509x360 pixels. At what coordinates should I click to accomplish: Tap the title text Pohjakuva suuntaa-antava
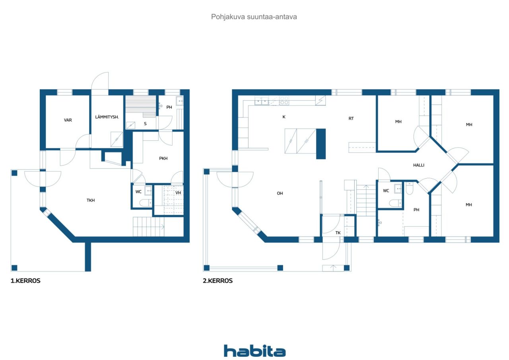pos(254,17)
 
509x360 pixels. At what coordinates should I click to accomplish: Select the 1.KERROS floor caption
pos(25,281)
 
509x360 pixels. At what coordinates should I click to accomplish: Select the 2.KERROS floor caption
pos(218,281)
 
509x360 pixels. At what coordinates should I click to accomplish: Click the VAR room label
pos(68,120)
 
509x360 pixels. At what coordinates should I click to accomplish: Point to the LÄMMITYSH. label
pos(107,117)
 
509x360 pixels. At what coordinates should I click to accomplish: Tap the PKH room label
pos(163,158)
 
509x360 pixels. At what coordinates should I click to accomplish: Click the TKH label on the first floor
pos(90,200)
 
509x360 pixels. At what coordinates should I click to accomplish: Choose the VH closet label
pos(178,193)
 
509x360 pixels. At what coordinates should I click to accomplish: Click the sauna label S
pos(145,124)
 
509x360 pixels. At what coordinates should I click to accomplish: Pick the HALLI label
pos(419,165)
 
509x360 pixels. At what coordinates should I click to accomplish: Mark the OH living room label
pos(280,193)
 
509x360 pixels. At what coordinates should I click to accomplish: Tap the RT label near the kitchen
pos(351,119)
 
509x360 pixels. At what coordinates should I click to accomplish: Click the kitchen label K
pos(284,117)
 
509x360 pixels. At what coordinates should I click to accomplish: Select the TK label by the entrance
pos(338,233)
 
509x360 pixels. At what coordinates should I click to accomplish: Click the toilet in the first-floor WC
pos(146,203)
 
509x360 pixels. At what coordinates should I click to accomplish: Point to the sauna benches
pos(141,106)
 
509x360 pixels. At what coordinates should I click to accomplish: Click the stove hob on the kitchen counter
pos(284,100)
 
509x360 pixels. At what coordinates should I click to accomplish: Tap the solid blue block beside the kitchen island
pos(321,144)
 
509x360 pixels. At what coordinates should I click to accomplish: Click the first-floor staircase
pos(148,227)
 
